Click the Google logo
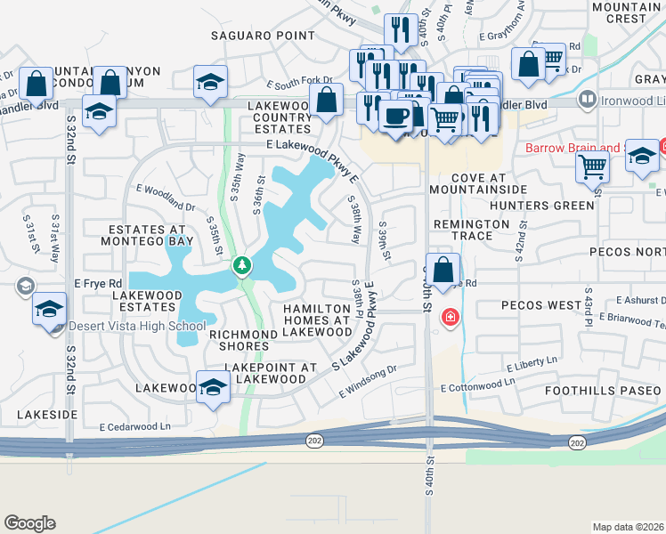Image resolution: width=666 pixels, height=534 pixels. click(29, 523)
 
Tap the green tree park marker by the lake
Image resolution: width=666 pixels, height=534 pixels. click(241, 266)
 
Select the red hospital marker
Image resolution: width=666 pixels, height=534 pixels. click(451, 317)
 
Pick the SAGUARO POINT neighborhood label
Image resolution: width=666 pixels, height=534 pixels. click(263, 36)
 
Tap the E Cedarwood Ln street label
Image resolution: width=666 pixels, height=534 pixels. click(134, 427)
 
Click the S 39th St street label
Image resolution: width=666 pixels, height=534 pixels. click(386, 241)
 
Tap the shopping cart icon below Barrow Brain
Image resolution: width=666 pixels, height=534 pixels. click(592, 166)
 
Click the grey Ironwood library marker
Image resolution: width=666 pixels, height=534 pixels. click(586, 100)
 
